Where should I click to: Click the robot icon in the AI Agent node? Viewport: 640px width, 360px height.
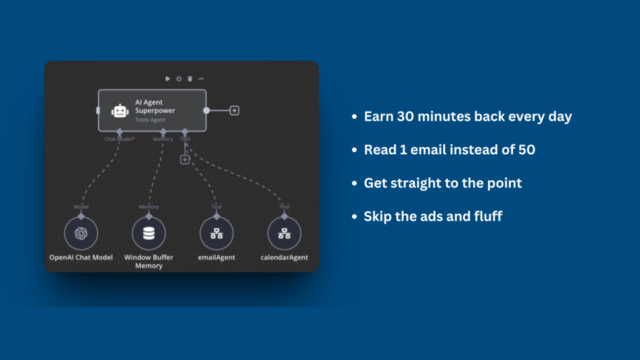(120, 111)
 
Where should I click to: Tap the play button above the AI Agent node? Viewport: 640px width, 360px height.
(167, 78)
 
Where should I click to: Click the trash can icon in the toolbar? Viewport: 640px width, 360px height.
(190, 78)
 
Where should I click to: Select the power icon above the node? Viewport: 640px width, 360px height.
(179, 78)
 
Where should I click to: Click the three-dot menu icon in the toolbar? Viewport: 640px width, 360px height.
(201, 78)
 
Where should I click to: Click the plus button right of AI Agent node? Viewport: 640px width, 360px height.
(234, 111)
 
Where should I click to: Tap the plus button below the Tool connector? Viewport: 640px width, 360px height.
(185, 159)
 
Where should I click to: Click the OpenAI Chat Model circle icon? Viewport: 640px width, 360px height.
(81, 233)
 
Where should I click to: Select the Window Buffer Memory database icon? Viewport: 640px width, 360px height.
(148, 233)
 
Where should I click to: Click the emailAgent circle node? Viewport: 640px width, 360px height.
(217, 233)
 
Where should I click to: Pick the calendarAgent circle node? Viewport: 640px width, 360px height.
(284, 233)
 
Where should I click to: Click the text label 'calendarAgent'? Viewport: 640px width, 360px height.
(284, 257)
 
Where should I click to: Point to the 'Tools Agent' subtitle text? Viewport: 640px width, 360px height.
(150, 120)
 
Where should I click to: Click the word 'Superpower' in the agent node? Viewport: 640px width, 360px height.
(155, 111)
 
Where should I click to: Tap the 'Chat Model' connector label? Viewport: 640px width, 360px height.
(118, 139)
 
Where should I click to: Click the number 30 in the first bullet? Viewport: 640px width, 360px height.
(405, 117)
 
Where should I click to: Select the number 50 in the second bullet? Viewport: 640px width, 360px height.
(527, 150)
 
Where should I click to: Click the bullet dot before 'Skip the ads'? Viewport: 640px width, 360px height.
(354, 217)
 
